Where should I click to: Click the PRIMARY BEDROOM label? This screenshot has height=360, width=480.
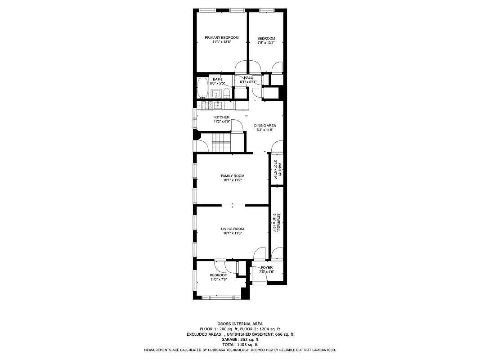pyautogui.click(x=222, y=38)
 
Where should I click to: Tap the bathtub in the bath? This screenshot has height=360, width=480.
pyautogui.click(x=202, y=88)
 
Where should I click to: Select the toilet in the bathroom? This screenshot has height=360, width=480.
pyautogui.click(x=227, y=94)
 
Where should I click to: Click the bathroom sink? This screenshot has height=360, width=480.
pyautogui.click(x=215, y=94)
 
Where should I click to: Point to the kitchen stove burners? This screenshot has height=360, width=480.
pyautogui.click(x=206, y=105)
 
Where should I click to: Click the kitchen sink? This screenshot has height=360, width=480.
pyautogui.click(x=218, y=105)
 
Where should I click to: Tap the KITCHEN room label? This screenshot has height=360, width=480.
pyautogui.click(x=222, y=117)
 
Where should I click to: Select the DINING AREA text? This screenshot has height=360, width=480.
pyautogui.click(x=265, y=126)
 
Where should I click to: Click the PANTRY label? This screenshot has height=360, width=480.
pyautogui.click(x=279, y=169)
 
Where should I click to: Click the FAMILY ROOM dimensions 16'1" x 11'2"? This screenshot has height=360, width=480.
pyautogui.click(x=233, y=180)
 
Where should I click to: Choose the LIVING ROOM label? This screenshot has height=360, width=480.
pyautogui.click(x=233, y=229)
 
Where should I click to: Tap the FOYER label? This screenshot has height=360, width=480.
pyautogui.click(x=267, y=268)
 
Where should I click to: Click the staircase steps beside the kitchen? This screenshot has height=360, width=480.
pyautogui.click(x=221, y=143)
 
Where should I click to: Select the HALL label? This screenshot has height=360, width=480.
pyautogui.click(x=248, y=78)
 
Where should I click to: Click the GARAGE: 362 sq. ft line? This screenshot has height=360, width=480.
pyautogui.click(x=240, y=340)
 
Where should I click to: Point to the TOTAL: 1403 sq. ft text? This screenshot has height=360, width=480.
pyautogui.click(x=240, y=345)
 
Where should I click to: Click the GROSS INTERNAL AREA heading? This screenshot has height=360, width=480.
pyautogui.click(x=240, y=324)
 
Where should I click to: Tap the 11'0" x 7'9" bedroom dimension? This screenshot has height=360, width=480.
pyautogui.click(x=219, y=279)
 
